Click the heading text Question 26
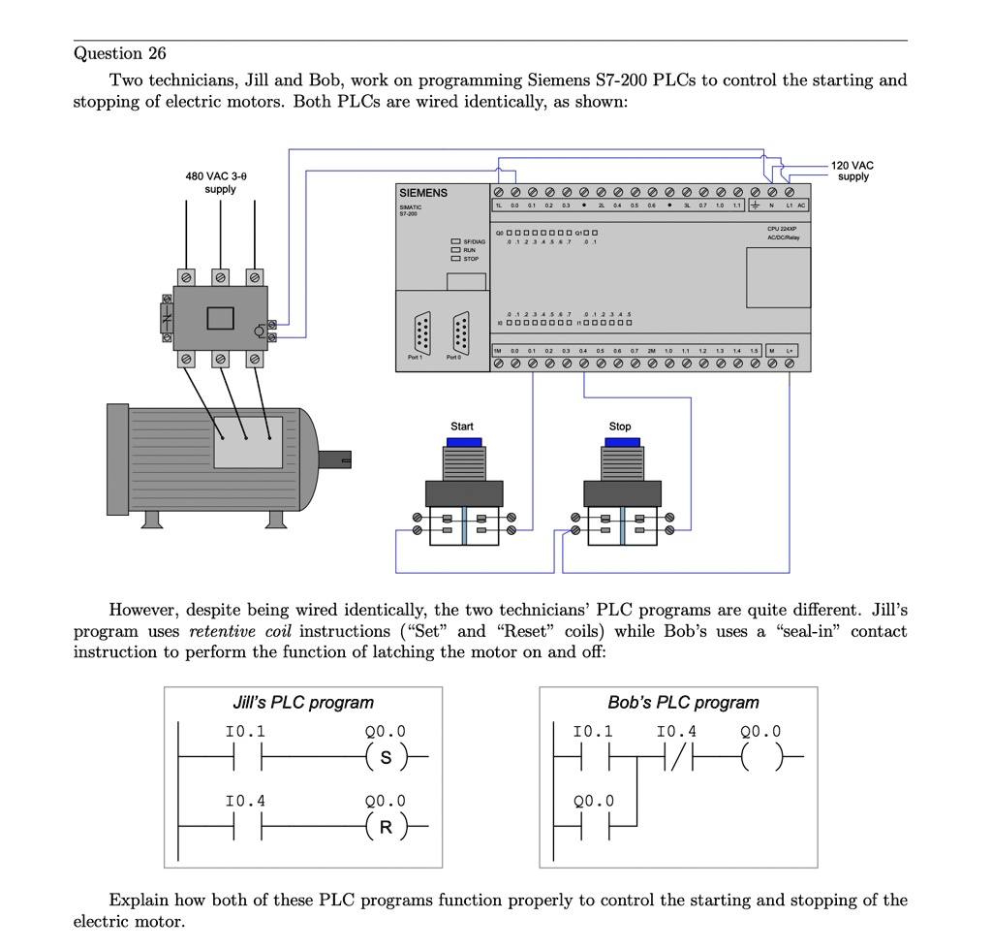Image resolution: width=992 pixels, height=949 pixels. pyautogui.click(x=120, y=52)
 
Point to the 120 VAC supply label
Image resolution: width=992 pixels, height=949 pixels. pyautogui.click(x=852, y=171)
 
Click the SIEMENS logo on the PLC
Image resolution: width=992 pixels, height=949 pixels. pyautogui.click(x=423, y=193)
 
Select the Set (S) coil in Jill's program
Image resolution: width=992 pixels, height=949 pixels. pyautogui.click(x=386, y=756)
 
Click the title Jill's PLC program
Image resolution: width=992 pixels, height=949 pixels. pyautogui.click(x=303, y=703)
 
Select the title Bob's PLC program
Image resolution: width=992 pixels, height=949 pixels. pyautogui.click(x=683, y=703)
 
